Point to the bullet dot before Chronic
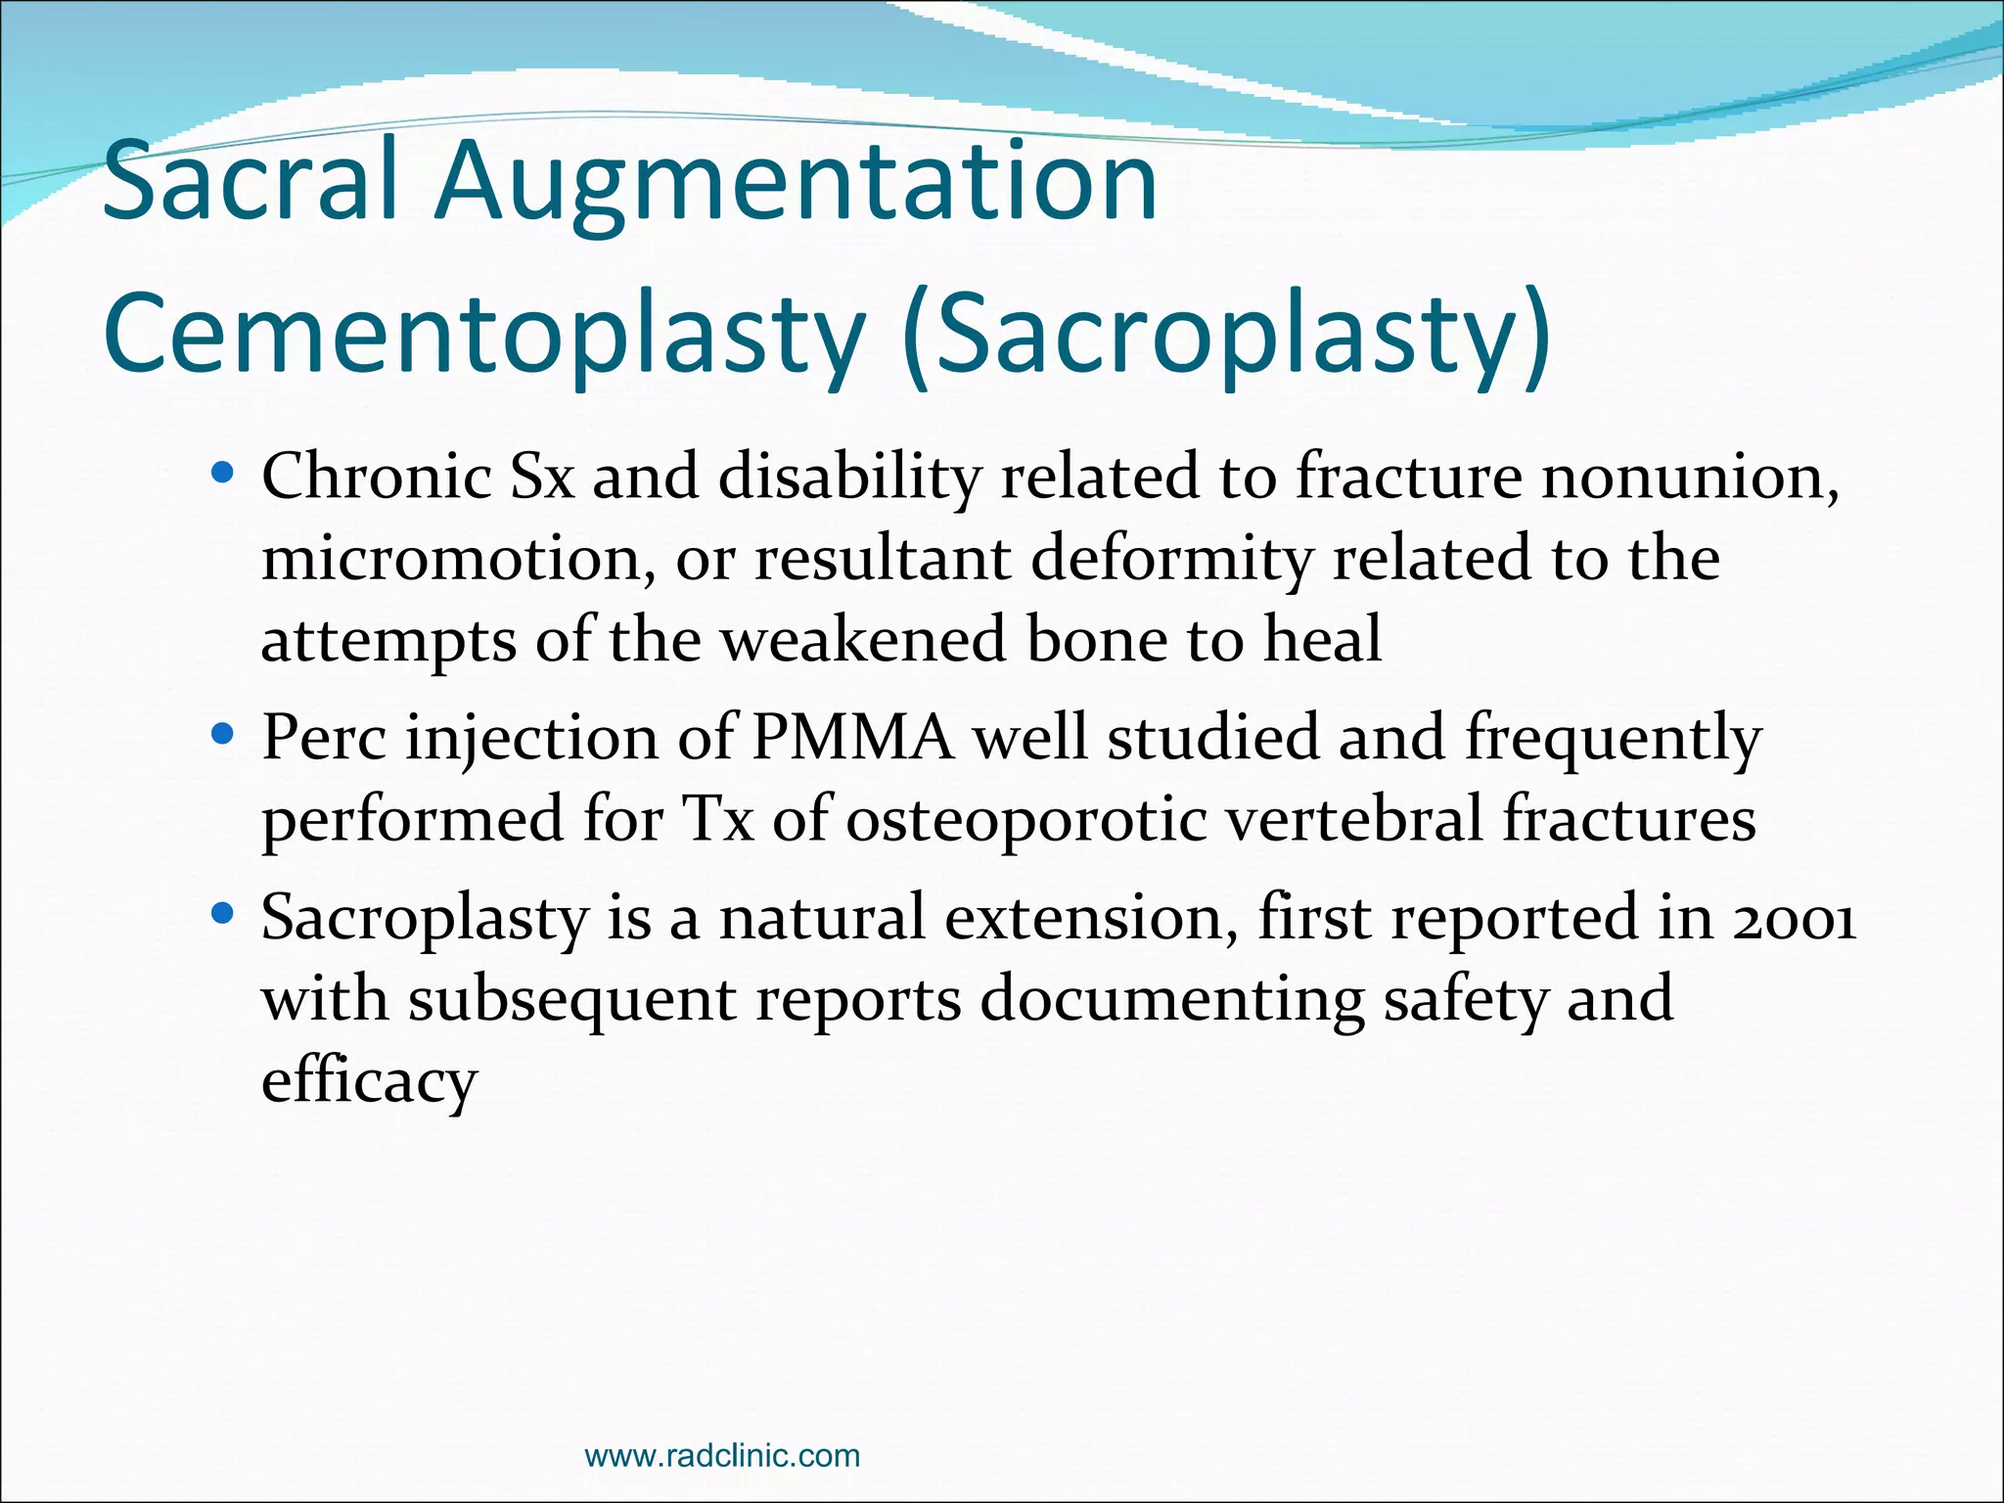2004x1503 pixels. pos(223,475)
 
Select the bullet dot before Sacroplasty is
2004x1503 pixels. pos(223,914)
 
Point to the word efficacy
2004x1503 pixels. pos(369,1082)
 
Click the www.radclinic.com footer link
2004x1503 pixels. pos(722,1455)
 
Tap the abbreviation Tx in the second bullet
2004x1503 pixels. pos(717,819)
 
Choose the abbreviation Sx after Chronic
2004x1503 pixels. pos(542,477)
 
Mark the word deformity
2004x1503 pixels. pos(1170,559)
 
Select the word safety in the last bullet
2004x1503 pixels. pos(1464,1000)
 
